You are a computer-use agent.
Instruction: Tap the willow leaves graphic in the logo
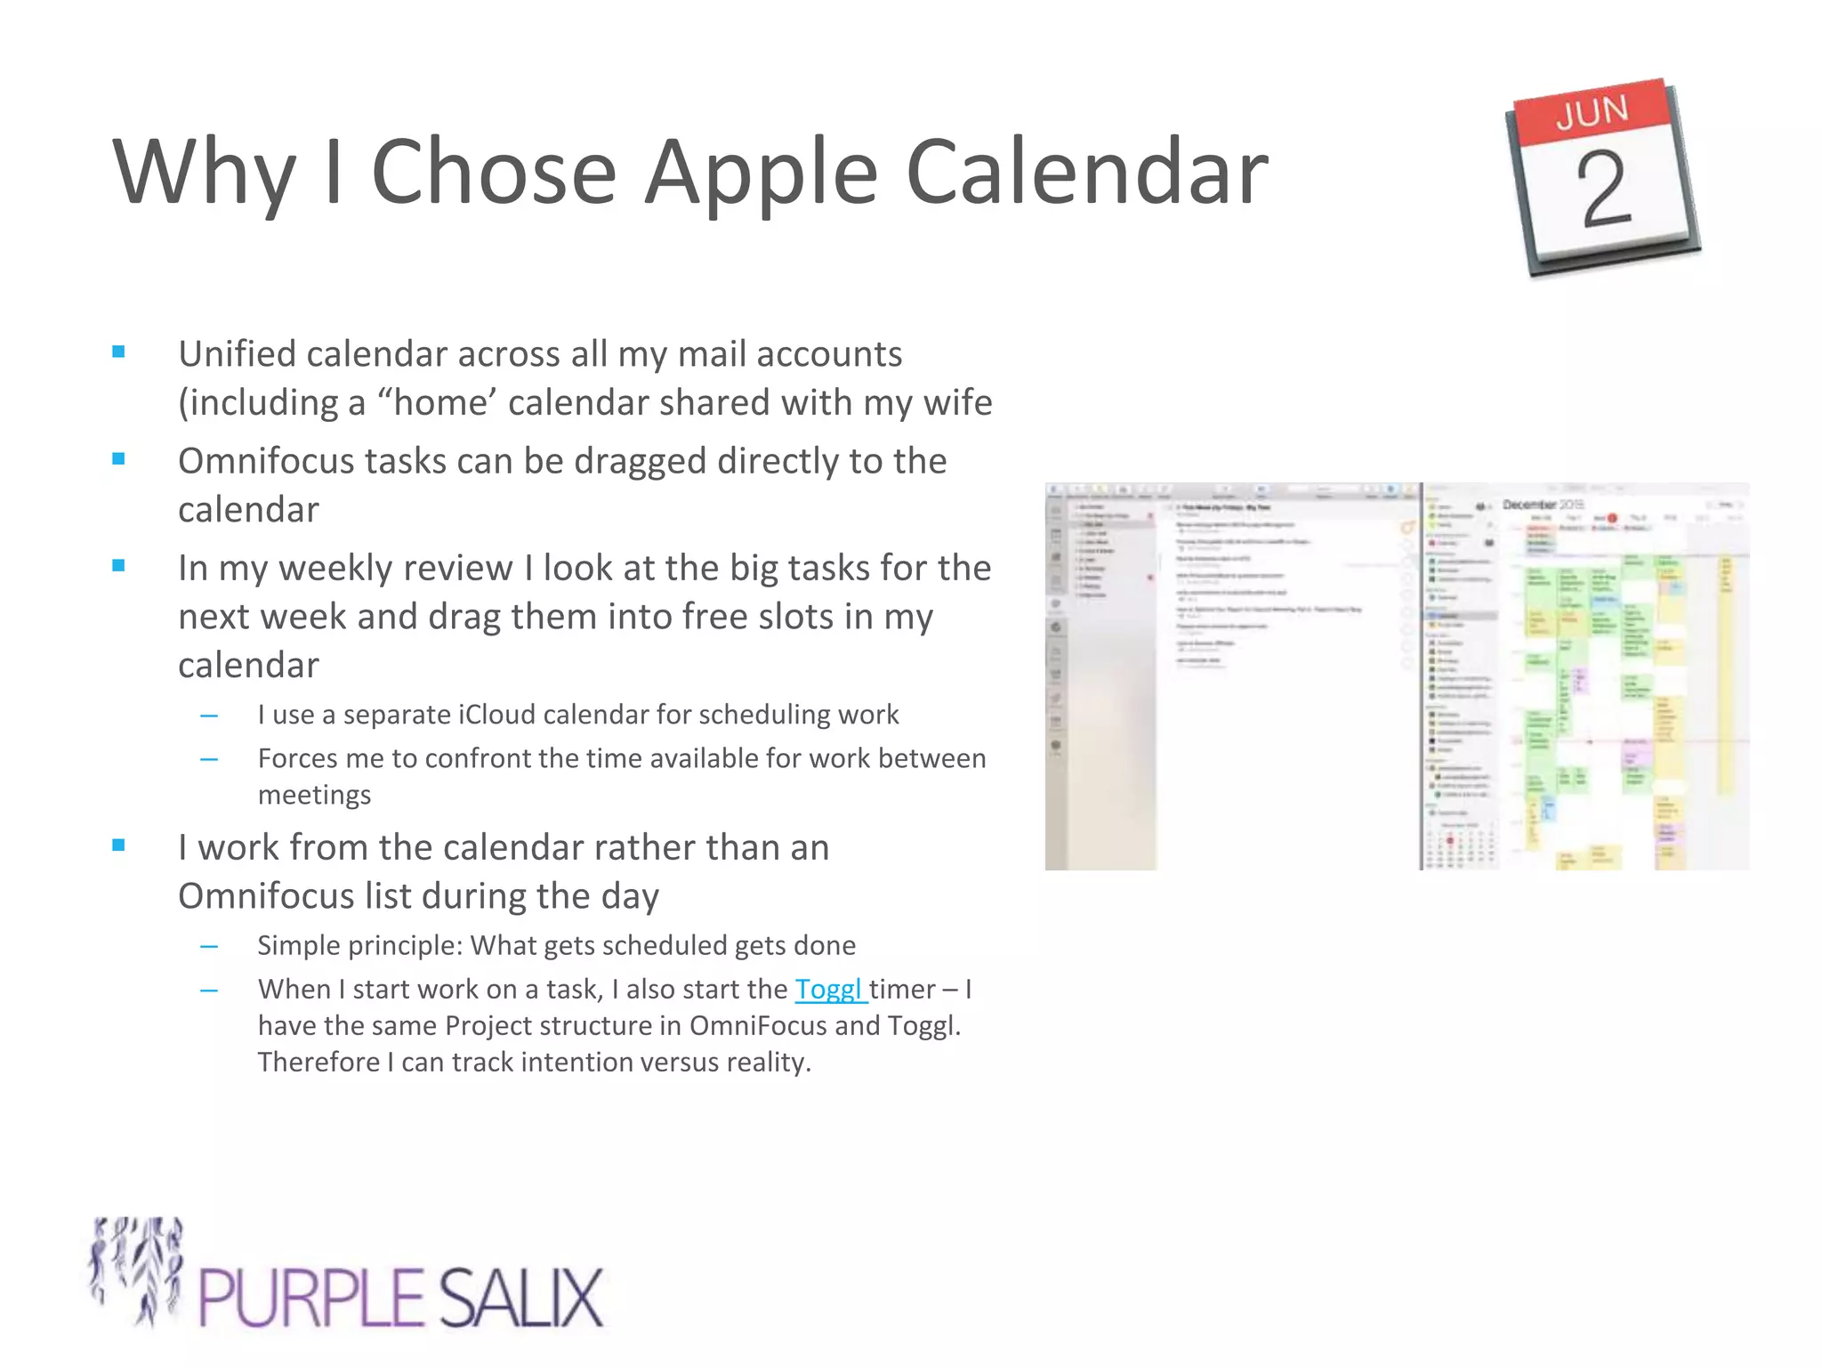(138, 1268)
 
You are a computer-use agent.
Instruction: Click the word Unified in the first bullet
(237, 354)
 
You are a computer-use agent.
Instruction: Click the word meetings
(314, 795)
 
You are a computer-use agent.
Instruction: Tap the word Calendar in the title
(1086, 172)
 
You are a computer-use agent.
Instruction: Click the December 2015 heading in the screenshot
(1543, 505)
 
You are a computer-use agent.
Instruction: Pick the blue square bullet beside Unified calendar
(118, 352)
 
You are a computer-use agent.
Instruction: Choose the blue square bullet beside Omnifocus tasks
(118, 459)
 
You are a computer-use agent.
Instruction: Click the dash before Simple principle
(209, 946)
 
